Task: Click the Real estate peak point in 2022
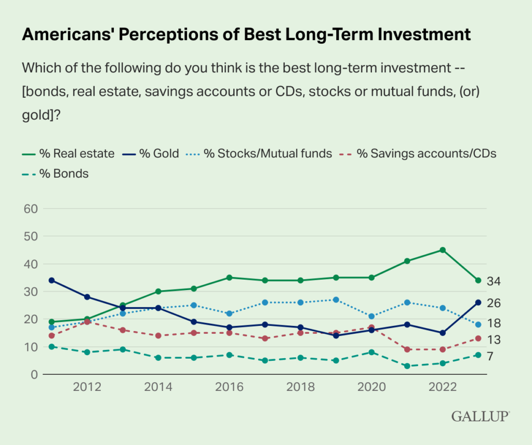click(x=442, y=250)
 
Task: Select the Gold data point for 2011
click(x=51, y=280)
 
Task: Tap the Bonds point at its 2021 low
click(x=407, y=366)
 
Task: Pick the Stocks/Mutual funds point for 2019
click(x=336, y=300)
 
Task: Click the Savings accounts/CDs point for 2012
click(x=87, y=322)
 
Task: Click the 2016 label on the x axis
click(x=229, y=388)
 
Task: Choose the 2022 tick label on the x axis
click(x=442, y=388)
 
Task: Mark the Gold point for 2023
click(x=477, y=303)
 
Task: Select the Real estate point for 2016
click(x=229, y=278)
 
